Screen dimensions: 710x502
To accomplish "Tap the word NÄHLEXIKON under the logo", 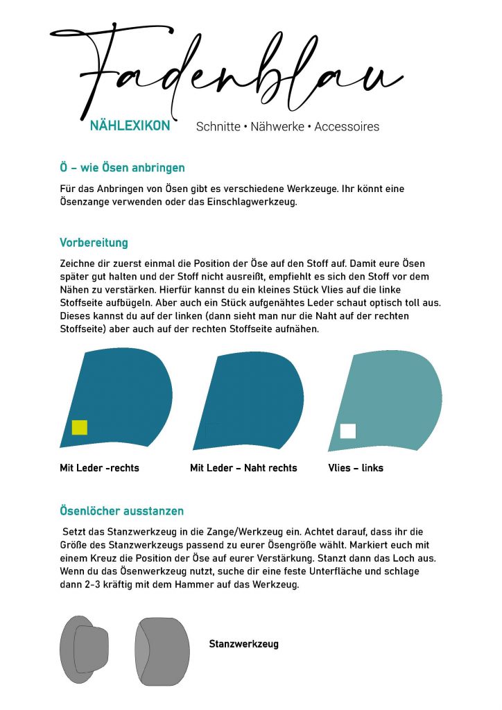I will (130, 126).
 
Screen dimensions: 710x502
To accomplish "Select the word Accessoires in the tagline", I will (347, 127).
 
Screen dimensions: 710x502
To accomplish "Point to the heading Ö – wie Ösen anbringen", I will (122, 168).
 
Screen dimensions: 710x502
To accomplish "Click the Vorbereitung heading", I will (94, 243).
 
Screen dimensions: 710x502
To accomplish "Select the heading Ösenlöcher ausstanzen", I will (121, 511).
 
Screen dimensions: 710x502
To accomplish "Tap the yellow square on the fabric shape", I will (80, 427).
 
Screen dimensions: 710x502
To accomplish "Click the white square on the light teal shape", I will (348, 431).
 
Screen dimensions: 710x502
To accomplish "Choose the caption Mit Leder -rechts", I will (99, 468).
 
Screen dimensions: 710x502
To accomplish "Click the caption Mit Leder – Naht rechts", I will (243, 468).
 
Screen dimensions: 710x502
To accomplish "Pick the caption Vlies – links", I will (356, 468).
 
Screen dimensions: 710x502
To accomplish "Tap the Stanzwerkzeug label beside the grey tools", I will (243, 644).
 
